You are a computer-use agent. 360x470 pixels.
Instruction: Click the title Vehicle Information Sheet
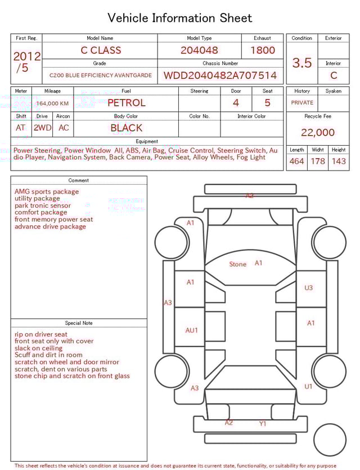(180, 18)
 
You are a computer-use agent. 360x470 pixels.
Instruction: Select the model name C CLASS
(101, 50)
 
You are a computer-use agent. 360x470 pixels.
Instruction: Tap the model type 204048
(199, 50)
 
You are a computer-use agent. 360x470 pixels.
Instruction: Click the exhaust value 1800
(263, 50)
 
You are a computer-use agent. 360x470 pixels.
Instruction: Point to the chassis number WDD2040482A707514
(220, 75)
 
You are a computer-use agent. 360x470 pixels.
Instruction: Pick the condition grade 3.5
(302, 63)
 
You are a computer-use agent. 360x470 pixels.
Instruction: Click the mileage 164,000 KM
(52, 104)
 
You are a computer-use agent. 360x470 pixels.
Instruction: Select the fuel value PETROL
(126, 103)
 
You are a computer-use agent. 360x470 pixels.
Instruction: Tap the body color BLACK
(126, 128)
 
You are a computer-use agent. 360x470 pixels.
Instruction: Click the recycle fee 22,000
(318, 133)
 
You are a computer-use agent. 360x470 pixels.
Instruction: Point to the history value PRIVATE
(302, 103)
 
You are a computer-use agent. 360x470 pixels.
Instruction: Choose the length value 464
(296, 162)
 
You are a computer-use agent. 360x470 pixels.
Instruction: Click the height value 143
(339, 162)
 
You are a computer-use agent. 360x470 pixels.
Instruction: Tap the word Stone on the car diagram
(238, 264)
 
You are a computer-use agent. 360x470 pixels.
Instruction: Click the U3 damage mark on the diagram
(308, 288)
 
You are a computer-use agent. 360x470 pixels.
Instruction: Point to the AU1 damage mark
(192, 330)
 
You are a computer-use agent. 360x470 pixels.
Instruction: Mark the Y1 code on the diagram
(263, 424)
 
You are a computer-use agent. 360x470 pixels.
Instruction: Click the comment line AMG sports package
(47, 191)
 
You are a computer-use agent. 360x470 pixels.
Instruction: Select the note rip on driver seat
(41, 334)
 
